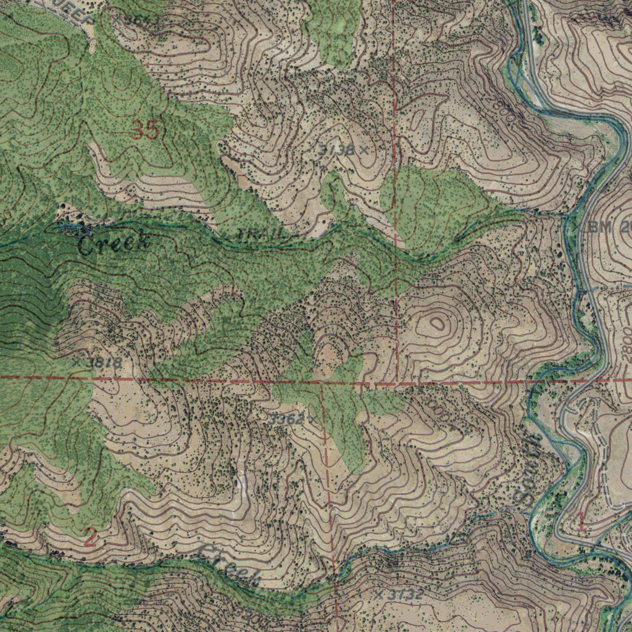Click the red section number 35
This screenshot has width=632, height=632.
(x=146, y=131)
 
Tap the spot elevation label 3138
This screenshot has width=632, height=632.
(x=337, y=149)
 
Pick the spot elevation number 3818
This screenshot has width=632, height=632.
(x=104, y=362)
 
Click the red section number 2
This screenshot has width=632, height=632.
(x=89, y=538)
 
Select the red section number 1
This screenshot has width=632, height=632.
(x=581, y=522)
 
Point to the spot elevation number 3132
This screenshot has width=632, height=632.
(x=406, y=595)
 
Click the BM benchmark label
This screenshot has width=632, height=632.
(x=598, y=227)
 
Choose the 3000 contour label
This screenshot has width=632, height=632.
(x=436, y=409)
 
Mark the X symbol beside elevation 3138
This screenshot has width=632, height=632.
(x=364, y=149)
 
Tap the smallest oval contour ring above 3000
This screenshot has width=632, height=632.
(x=437, y=322)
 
